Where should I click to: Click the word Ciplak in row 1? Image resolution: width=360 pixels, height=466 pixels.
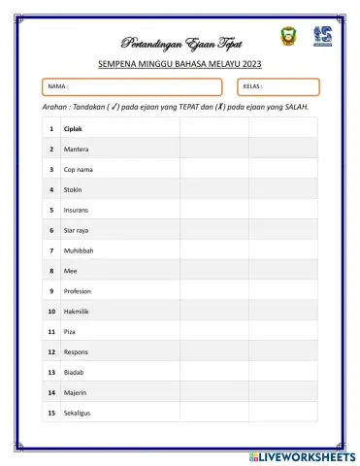[74, 129]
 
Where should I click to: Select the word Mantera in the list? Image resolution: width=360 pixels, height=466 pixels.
[77, 150]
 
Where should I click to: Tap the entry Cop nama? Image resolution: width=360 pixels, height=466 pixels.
[79, 170]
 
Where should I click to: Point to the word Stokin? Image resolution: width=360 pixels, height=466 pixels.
[74, 189]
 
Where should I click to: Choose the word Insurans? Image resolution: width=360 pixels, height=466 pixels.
[78, 210]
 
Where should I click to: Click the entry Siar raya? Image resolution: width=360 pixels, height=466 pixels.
[78, 230]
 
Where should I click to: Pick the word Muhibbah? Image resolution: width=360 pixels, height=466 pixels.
[79, 250]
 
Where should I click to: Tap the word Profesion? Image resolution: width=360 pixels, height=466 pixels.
[78, 291]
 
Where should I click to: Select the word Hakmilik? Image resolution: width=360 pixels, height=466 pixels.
[78, 312]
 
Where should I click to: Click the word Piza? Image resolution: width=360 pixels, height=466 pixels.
[70, 332]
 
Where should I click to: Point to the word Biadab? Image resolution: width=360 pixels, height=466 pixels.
[75, 372]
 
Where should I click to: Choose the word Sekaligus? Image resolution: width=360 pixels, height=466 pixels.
[79, 413]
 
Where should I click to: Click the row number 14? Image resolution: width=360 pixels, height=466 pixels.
[50, 392]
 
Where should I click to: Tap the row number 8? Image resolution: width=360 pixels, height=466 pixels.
[50, 271]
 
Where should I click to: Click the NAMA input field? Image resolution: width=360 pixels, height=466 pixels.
[131, 86]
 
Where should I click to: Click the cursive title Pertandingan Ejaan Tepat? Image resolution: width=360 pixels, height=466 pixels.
[181, 44]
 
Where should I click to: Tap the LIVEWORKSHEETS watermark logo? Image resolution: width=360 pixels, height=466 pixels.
[303, 456]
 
